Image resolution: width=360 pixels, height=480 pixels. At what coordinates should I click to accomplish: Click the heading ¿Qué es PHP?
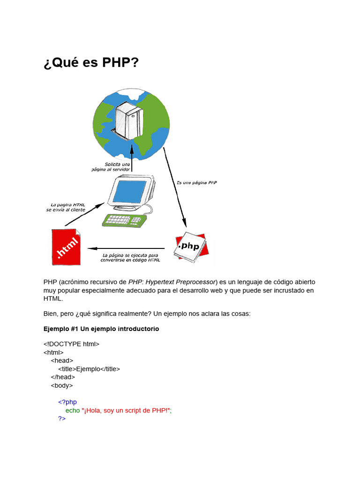tap(91, 63)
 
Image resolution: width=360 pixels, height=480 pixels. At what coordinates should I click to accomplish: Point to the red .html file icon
tap(66, 247)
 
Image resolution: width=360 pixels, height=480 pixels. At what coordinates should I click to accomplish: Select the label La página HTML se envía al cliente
tap(66, 207)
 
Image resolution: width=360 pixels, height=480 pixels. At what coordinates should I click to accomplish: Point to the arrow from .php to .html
tap(127, 248)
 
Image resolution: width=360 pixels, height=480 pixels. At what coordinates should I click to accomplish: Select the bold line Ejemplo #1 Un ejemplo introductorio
tap(101, 329)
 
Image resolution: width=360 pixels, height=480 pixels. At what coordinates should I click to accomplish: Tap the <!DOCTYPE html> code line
tap(71, 344)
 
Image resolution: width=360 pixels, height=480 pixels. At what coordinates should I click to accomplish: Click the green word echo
tap(73, 410)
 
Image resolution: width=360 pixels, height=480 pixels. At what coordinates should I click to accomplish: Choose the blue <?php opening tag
tap(67, 402)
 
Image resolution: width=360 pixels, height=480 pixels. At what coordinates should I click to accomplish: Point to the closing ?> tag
tap(62, 419)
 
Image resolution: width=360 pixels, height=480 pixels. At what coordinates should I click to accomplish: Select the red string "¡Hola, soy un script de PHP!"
tap(127, 410)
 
